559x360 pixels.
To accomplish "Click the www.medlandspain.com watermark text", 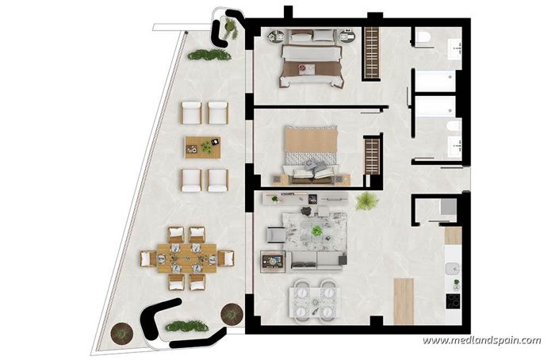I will pyautogui.click(x=481, y=341).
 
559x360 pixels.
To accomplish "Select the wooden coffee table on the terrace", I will pyautogui.click(x=202, y=146).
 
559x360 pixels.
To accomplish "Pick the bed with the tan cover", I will pyautogui.click(x=311, y=148).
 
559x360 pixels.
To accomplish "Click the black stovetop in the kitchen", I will pyautogui.click(x=454, y=302).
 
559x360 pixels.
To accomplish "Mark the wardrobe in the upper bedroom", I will pyautogui.click(x=369, y=53).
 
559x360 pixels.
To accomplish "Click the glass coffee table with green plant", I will pyautogui.click(x=316, y=230).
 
